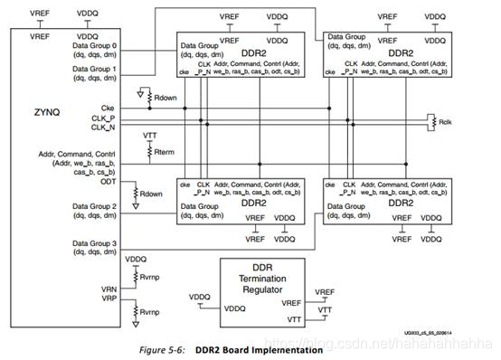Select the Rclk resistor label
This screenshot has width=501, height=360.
447,119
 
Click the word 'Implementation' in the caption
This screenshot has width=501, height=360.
288,349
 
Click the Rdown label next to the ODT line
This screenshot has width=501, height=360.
150,194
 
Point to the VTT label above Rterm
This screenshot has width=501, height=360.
151,135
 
